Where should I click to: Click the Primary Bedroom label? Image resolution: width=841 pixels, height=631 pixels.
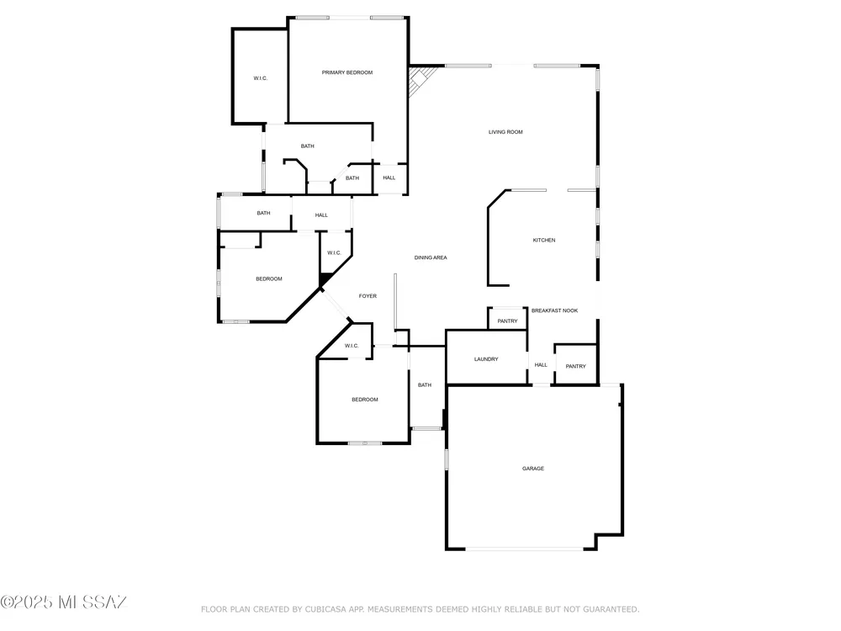click(x=347, y=72)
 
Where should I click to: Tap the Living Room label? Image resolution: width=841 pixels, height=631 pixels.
click(x=505, y=132)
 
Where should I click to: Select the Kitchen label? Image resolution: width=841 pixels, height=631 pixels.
click(x=544, y=241)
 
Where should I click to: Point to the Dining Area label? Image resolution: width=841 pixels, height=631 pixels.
click(x=430, y=257)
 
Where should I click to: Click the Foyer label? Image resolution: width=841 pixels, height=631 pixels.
click(x=368, y=296)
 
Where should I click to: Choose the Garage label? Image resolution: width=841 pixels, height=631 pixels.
click(x=533, y=469)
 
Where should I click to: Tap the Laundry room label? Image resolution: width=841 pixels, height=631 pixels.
click(x=486, y=359)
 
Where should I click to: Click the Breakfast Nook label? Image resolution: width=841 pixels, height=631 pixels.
click(x=554, y=310)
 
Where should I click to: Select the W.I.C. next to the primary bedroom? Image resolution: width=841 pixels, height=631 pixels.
click(x=260, y=78)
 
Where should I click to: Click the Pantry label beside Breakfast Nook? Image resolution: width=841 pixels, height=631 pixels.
click(x=507, y=321)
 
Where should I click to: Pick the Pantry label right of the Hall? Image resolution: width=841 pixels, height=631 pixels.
click(x=575, y=367)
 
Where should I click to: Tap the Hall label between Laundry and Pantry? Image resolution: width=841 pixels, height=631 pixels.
click(x=541, y=365)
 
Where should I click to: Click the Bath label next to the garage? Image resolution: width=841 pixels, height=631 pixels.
click(x=424, y=385)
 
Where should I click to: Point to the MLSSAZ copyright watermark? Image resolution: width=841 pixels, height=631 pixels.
click(x=63, y=602)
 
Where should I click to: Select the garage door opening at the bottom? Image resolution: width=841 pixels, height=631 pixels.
click(x=524, y=549)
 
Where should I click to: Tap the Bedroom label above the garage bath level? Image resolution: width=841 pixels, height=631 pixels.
click(x=269, y=279)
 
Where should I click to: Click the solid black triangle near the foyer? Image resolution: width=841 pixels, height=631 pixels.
click(x=325, y=280)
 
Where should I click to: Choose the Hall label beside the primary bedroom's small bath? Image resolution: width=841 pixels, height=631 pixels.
click(x=389, y=178)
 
